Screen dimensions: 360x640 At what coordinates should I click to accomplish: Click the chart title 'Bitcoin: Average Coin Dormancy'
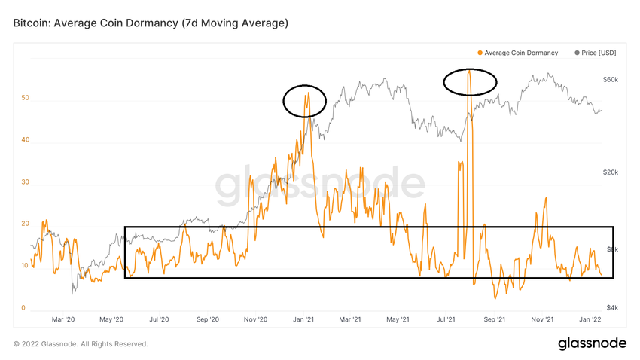(x=151, y=23)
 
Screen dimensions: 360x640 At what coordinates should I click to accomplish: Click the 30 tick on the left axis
(x=26, y=182)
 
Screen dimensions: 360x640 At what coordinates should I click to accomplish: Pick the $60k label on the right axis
(x=610, y=80)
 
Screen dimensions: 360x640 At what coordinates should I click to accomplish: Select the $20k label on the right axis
(x=610, y=172)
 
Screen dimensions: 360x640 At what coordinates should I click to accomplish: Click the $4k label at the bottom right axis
(x=611, y=308)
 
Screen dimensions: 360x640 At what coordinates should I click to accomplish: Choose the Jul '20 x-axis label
(x=158, y=319)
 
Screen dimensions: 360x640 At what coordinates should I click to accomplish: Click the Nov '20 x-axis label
(x=256, y=319)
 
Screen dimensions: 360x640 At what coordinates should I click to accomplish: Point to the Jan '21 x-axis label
(x=303, y=319)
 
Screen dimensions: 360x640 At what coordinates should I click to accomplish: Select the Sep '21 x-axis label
(x=495, y=319)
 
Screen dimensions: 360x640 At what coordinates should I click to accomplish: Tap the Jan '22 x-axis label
(x=591, y=319)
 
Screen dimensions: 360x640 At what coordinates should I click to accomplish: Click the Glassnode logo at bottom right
(x=592, y=343)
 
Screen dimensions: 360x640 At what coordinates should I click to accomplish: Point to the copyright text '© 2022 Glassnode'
(x=81, y=344)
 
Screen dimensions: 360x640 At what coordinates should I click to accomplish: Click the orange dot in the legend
(x=480, y=53)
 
